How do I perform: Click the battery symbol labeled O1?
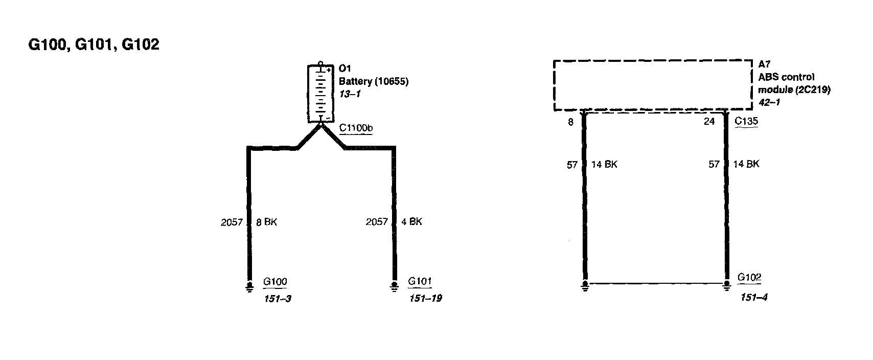320,94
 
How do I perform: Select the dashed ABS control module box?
653,85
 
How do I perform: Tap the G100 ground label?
275,282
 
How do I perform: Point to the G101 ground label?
420,281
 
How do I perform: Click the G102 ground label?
749,278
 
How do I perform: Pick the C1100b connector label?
355,128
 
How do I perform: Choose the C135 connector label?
746,122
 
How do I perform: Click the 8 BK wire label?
266,222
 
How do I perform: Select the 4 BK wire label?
411,222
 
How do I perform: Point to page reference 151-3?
277,299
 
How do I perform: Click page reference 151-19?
425,298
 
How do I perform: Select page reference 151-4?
754,297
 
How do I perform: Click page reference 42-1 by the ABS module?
769,102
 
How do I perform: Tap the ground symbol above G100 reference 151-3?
249,286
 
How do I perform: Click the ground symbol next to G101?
394,286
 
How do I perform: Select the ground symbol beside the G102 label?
727,285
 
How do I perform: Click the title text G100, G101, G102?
94,45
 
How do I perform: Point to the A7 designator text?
764,64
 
